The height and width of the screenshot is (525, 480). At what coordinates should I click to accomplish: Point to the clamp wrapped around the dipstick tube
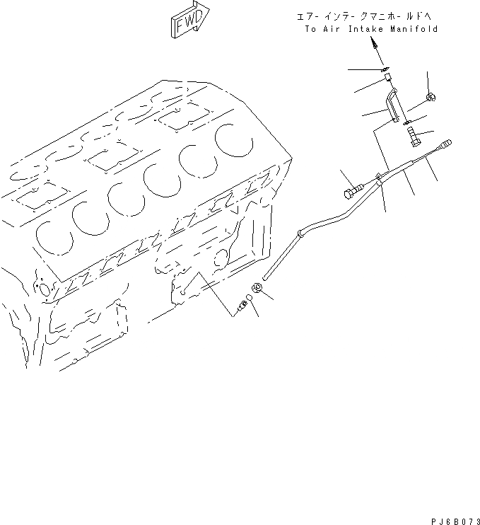pyautogui.click(x=380, y=181)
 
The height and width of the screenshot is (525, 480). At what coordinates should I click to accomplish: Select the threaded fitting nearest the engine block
pyautogui.click(x=241, y=306)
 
